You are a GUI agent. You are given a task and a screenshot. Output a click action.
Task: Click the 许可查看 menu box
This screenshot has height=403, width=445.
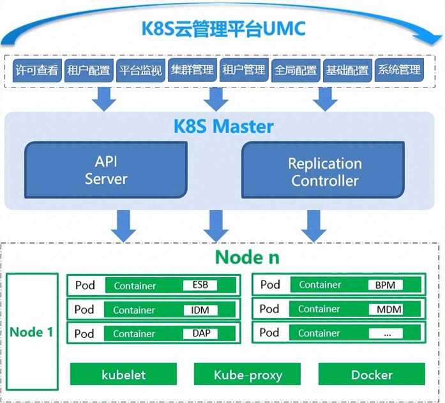(x=35, y=70)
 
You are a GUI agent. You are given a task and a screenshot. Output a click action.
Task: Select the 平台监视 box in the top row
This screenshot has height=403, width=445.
(x=140, y=70)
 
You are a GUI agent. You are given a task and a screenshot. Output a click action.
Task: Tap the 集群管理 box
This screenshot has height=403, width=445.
(x=192, y=70)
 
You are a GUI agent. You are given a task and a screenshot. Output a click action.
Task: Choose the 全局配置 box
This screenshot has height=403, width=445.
(x=295, y=70)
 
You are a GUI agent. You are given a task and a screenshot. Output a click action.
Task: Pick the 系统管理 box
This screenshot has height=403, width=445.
(x=398, y=70)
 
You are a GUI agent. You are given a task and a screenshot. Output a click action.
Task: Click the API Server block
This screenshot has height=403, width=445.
(x=106, y=171)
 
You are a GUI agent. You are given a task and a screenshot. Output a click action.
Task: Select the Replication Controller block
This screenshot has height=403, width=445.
(x=324, y=172)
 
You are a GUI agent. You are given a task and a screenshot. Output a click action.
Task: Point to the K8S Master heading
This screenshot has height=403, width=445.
(x=223, y=126)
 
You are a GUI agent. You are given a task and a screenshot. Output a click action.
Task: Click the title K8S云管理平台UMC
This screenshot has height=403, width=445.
(x=223, y=29)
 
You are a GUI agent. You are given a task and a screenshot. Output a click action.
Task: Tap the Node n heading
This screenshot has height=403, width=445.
(x=247, y=257)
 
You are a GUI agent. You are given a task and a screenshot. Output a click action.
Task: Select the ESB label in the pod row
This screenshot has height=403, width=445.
(x=200, y=285)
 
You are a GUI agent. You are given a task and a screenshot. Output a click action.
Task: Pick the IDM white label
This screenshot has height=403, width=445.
(x=200, y=310)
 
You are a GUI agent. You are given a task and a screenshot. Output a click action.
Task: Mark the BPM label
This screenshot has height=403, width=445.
(x=385, y=285)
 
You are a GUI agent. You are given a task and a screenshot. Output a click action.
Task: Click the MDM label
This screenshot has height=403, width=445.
(x=385, y=309)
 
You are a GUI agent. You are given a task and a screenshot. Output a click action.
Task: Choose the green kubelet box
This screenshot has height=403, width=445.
(x=123, y=374)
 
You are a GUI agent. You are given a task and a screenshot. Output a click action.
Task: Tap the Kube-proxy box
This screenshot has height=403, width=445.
(x=247, y=374)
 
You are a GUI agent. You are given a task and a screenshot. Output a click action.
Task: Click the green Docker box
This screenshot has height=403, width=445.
(x=372, y=374)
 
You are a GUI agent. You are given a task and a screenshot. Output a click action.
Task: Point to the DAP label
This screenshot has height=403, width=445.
(x=200, y=333)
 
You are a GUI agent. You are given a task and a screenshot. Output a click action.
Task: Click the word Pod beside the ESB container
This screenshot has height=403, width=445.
(x=85, y=285)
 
